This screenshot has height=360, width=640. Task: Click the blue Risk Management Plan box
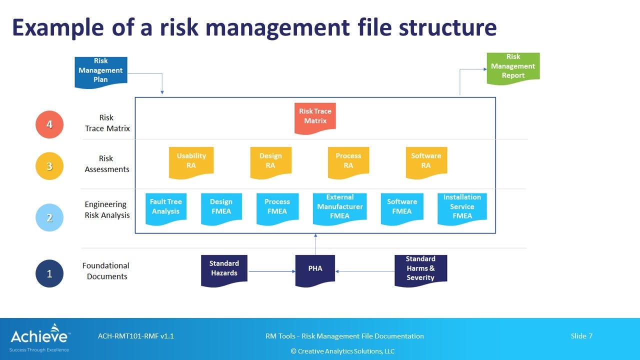pos(100,71)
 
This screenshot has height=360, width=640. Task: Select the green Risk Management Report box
pos(513,67)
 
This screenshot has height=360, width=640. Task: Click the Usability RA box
pos(191,161)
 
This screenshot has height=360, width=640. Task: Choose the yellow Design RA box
pos(270,161)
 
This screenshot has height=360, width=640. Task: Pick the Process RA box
pos(348,161)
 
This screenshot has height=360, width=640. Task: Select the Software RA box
pos(426,161)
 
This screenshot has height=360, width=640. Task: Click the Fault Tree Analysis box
pos(165,207)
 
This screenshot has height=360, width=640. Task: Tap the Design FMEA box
pos(221,207)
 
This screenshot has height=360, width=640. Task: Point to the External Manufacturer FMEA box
pos(339,207)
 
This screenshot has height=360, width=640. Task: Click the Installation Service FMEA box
pos(462,207)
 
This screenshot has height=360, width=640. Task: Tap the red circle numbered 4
pos(49,124)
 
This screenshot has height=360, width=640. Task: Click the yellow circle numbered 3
pos(49,166)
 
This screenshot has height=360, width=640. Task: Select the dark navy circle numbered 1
pos(49,273)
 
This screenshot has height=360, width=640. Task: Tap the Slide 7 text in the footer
pos(581,336)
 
